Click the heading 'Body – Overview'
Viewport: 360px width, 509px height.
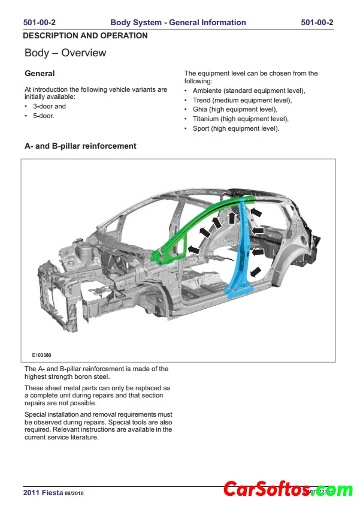65,53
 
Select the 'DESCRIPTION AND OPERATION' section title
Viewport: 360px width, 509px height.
85,35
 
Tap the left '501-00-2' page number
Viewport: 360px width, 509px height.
40,23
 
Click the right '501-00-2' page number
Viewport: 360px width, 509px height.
317,23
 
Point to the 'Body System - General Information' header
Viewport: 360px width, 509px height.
178,23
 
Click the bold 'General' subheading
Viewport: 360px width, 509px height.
40,74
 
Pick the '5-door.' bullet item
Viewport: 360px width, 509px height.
44,116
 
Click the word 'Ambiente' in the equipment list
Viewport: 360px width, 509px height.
207,91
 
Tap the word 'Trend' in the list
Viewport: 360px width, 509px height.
201,100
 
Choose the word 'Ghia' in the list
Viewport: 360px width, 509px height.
200,110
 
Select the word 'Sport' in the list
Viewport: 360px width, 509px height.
201,128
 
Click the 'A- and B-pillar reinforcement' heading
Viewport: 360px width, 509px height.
80,146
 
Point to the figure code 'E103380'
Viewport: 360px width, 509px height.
42,355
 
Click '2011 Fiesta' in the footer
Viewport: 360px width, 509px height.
43,492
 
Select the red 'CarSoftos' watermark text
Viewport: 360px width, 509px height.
267,490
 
